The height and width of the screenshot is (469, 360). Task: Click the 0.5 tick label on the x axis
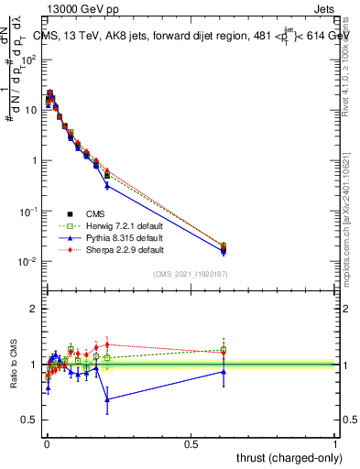point(191,442)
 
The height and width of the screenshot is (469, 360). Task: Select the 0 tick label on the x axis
point(47,442)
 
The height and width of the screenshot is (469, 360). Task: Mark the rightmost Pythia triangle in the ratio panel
point(224,371)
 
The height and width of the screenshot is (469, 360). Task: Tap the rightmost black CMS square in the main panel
point(224,247)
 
